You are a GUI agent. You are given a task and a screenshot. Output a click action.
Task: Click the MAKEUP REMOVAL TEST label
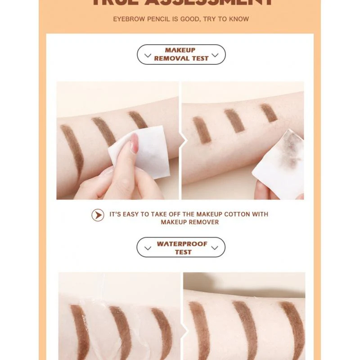(x=181, y=54)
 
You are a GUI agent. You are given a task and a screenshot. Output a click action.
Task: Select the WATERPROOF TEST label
(x=182, y=248)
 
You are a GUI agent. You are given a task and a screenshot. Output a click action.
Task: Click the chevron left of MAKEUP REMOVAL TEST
(x=148, y=55)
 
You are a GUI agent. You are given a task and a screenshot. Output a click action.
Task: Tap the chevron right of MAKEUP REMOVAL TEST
(x=215, y=55)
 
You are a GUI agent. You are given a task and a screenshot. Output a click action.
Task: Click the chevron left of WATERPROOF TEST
(x=148, y=247)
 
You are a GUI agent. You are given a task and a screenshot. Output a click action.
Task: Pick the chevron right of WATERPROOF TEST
(x=215, y=247)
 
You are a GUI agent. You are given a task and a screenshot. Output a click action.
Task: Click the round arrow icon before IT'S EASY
(x=98, y=215)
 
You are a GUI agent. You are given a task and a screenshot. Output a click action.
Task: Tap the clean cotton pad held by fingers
(x=144, y=151)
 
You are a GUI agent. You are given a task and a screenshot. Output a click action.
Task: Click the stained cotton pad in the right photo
(x=279, y=160)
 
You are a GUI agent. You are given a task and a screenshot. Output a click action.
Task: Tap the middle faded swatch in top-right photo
(x=234, y=120)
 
